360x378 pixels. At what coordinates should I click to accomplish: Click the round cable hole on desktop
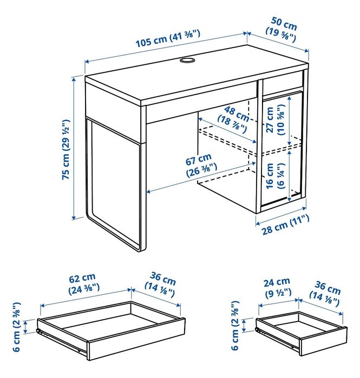coord(187,61)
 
